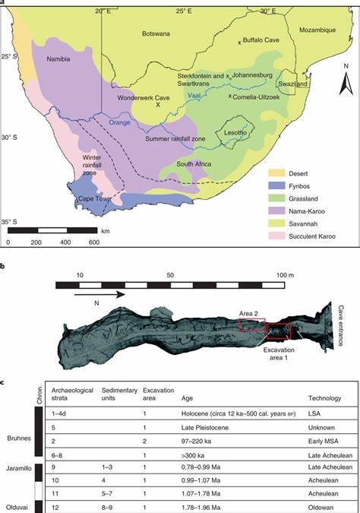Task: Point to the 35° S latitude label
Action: point(10,221)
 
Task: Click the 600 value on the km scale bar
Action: point(93,242)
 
